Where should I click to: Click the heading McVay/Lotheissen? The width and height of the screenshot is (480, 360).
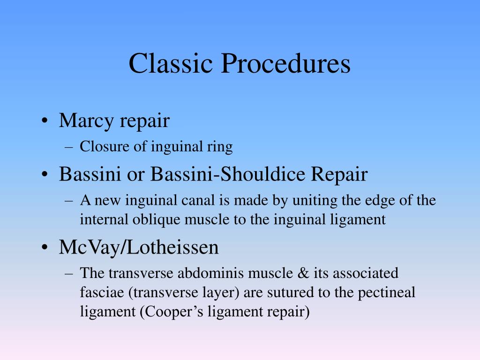[139, 247]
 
